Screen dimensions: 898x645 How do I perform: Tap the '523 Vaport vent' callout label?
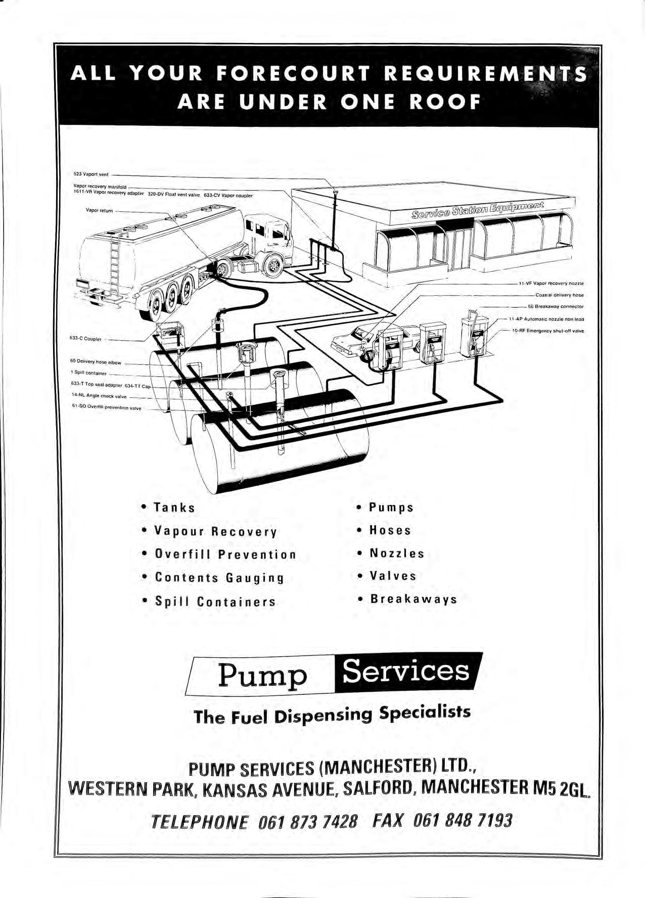(x=91, y=174)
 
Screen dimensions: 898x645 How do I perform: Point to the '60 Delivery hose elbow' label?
(x=96, y=362)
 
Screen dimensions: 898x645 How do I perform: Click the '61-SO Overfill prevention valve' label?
(x=107, y=408)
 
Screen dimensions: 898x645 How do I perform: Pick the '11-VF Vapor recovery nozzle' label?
(x=551, y=283)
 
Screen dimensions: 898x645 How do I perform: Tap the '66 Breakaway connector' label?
(x=556, y=307)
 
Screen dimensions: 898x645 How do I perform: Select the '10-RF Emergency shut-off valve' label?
(x=548, y=331)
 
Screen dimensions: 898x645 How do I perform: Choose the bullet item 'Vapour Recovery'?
(x=216, y=532)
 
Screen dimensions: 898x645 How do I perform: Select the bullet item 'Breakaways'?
(x=413, y=599)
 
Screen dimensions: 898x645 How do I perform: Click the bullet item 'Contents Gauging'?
(x=219, y=578)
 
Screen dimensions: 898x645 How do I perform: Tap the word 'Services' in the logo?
(x=406, y=672)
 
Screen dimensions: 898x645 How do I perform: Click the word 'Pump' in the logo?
(x=262, y=675)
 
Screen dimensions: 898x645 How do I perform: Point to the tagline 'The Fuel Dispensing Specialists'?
(x=332, y=715)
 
